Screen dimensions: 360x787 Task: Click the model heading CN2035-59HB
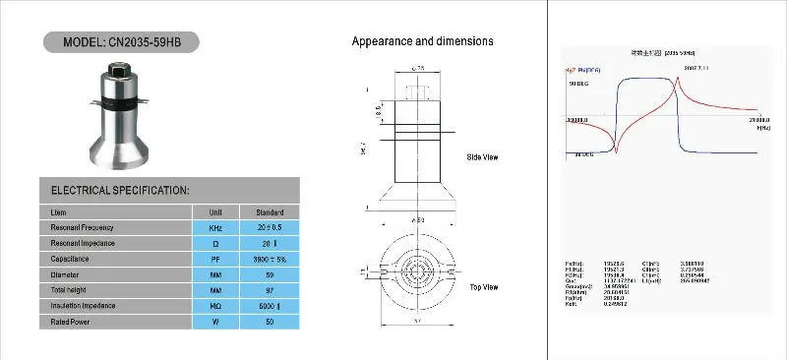(x=122, y=44)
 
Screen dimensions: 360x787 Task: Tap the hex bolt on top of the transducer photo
(x=118, y=70)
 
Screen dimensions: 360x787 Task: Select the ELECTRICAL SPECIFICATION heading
(x=119, y=190)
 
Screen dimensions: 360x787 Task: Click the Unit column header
(x=214, y=211)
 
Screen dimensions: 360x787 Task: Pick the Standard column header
(x=270, y=211)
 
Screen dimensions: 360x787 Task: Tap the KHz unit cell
(x=214, y=227)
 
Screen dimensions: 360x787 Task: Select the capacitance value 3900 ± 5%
(x=270, y=260)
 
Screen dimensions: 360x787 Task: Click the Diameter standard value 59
(x=270, y=275)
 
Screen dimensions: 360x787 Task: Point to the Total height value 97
(x=270, y=291)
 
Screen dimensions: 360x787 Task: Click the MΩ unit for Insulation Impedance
(x=214, y=307)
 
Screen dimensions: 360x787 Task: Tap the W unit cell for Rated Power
(x=214, y=323)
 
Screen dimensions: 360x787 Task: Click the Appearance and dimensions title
(x=422, y=41)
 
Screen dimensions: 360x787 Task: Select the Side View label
(x=483, y=157)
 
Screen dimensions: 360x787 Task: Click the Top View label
(x=483, y=286)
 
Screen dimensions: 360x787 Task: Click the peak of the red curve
(x=678, y=79)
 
